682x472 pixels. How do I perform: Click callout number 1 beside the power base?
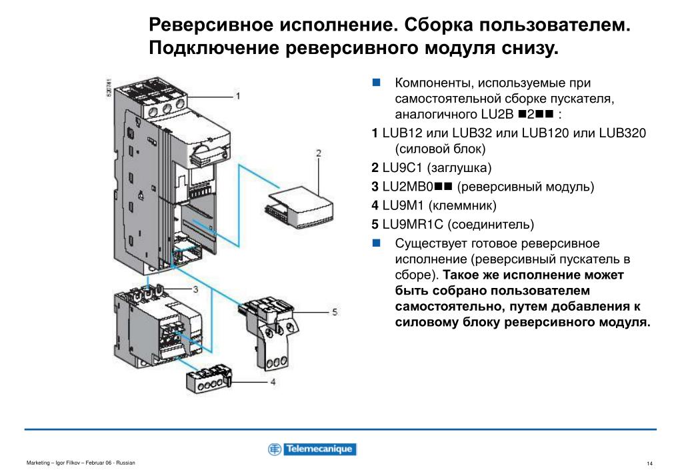[237, 96]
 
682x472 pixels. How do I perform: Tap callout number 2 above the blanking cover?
[319, 153]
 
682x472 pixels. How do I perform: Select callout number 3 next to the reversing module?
[195, 289]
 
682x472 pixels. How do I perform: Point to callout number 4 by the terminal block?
[273, 382]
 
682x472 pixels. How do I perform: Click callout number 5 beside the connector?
[335, 311]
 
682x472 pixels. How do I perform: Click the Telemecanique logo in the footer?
[312, 449]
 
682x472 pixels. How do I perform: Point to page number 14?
[649, 463]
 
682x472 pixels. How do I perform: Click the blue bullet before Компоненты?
[377, 83]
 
